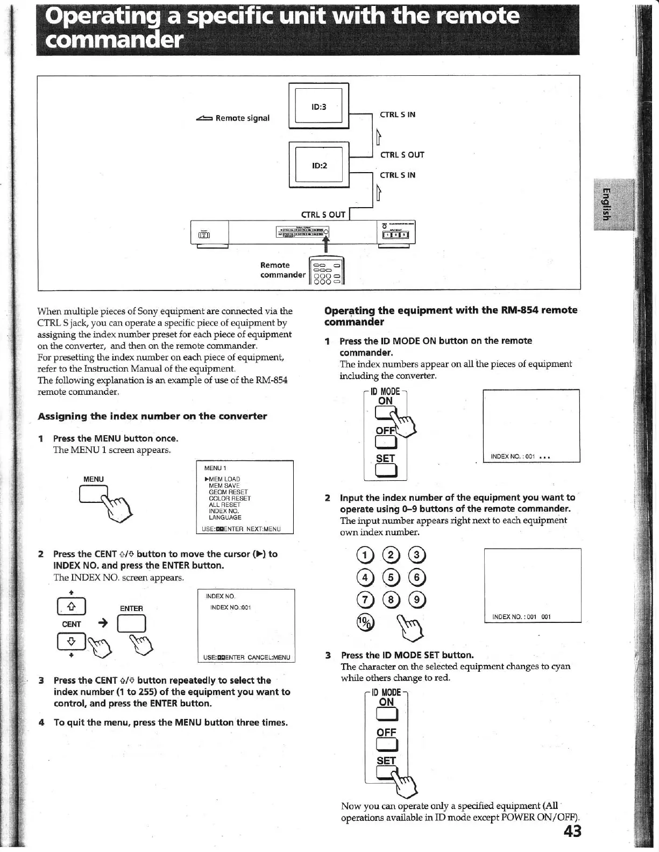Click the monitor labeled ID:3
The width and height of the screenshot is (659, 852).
[x=319, y=106]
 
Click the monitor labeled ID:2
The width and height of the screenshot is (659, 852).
[x=319, y=165]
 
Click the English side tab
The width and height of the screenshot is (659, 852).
[x=606, y=204]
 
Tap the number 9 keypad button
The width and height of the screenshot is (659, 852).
[x=417, y=600]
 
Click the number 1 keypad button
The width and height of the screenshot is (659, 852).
[x=365, y=556]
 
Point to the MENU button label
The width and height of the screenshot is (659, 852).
[x=94, y=479]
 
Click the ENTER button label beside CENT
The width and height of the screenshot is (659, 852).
[x=131, y=608]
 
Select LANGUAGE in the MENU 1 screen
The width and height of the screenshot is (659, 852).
[x=225, y=517]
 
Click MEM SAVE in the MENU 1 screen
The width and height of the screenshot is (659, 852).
[x=224, y=485]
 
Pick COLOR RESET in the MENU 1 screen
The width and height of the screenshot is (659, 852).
[x=230, y=498]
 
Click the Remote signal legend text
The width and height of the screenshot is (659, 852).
[x=242, y=118]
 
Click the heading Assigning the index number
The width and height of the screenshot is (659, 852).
[x=152, y=416]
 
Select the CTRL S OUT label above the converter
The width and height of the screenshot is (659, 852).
[x=323, y=215]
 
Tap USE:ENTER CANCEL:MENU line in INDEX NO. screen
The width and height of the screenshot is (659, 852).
[x=246, y=657]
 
